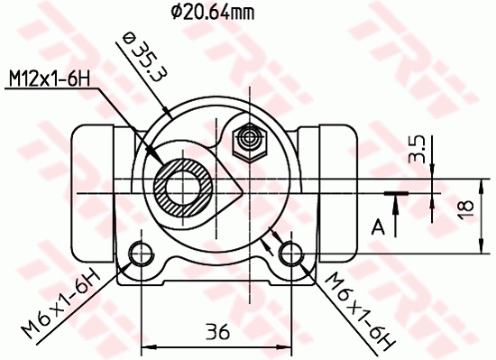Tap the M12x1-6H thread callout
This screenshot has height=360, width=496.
(x=50, y=80)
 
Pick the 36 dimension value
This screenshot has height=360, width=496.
(x=216, y=331)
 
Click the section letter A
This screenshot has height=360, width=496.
(x=379, y=225)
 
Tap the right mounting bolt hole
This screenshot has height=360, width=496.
(x=289, y=252)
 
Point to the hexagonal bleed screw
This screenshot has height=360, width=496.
(x=247, y=141)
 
